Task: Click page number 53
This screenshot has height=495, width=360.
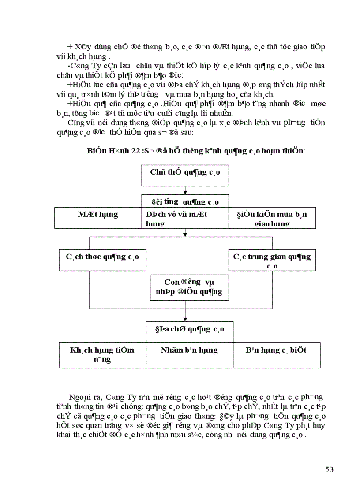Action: pos(329,469)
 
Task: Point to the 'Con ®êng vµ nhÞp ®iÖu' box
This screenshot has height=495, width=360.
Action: pos(187,287)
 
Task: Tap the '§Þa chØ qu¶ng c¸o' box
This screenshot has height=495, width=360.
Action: pos(190,329)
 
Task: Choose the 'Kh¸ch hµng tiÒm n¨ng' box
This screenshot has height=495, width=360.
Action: pos(102,354)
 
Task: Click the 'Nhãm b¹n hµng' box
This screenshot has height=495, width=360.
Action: pos(189,350)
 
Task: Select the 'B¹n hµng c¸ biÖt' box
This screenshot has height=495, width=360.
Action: pos(276,350)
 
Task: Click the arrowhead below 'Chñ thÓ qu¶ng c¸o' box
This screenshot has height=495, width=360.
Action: pos(185,192)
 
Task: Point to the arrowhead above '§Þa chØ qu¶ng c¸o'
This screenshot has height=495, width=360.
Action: pos(185,319)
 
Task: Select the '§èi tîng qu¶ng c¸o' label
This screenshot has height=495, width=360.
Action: pos(185,202)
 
